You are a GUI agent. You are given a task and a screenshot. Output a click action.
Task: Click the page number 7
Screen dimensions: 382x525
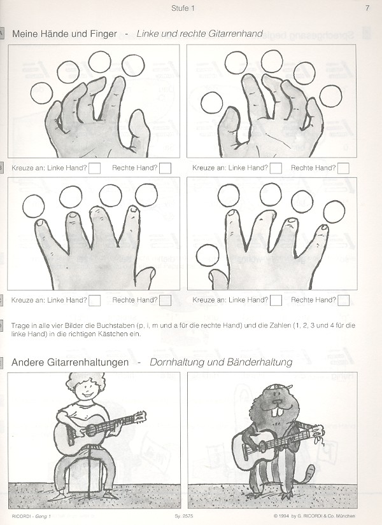[367, 8]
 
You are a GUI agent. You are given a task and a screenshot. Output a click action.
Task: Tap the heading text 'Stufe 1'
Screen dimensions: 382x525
[183, 8]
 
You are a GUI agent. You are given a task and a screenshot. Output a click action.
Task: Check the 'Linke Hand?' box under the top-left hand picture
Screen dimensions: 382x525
[95, 168]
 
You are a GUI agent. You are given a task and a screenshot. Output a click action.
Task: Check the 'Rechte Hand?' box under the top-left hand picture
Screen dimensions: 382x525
[165, 168]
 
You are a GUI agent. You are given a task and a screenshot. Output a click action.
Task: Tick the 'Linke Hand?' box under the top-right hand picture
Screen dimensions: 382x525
[276, 168]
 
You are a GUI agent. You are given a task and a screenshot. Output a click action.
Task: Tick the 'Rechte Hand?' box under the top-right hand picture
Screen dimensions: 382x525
[343, 168]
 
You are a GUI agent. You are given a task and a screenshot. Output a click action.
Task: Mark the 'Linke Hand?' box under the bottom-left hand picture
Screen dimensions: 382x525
[95, 301]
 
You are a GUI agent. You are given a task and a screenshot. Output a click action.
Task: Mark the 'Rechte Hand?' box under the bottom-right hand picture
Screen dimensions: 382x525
[343, 301]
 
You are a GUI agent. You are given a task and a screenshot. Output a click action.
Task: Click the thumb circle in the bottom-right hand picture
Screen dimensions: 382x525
[208, 256]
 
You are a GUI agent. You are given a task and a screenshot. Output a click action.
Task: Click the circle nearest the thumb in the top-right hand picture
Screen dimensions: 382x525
[212, 102]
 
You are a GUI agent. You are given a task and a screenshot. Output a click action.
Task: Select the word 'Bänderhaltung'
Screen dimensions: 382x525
[260, 362]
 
